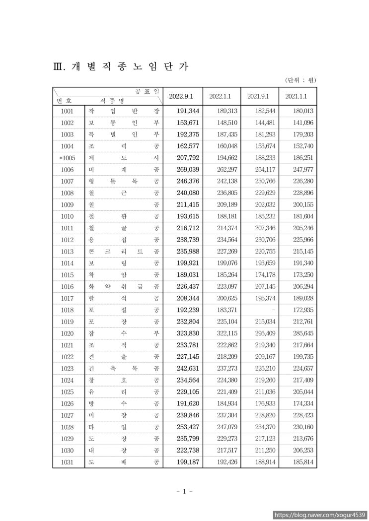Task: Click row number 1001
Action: pos(68,111)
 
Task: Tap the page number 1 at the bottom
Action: pos(184,492)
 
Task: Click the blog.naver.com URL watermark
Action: pos(320,515)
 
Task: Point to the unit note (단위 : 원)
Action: pos(300,80)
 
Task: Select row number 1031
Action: pos(68,462)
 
